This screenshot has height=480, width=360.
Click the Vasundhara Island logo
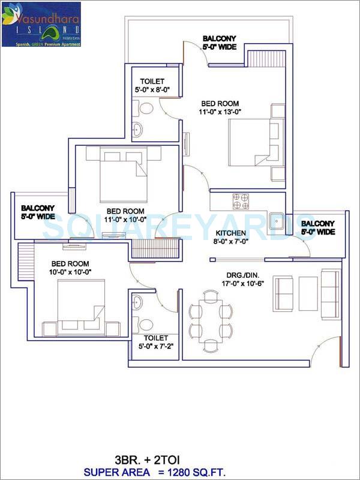click(x=41, y=24)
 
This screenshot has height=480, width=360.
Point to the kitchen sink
click(x=278, y=221)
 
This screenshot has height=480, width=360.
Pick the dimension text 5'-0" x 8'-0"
click(x=152, y=91)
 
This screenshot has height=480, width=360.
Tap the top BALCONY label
click(x=219, y=38)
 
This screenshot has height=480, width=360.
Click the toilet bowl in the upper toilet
click(x=146, y=108)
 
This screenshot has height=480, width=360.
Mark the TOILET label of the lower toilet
click(x=156, y=338)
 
